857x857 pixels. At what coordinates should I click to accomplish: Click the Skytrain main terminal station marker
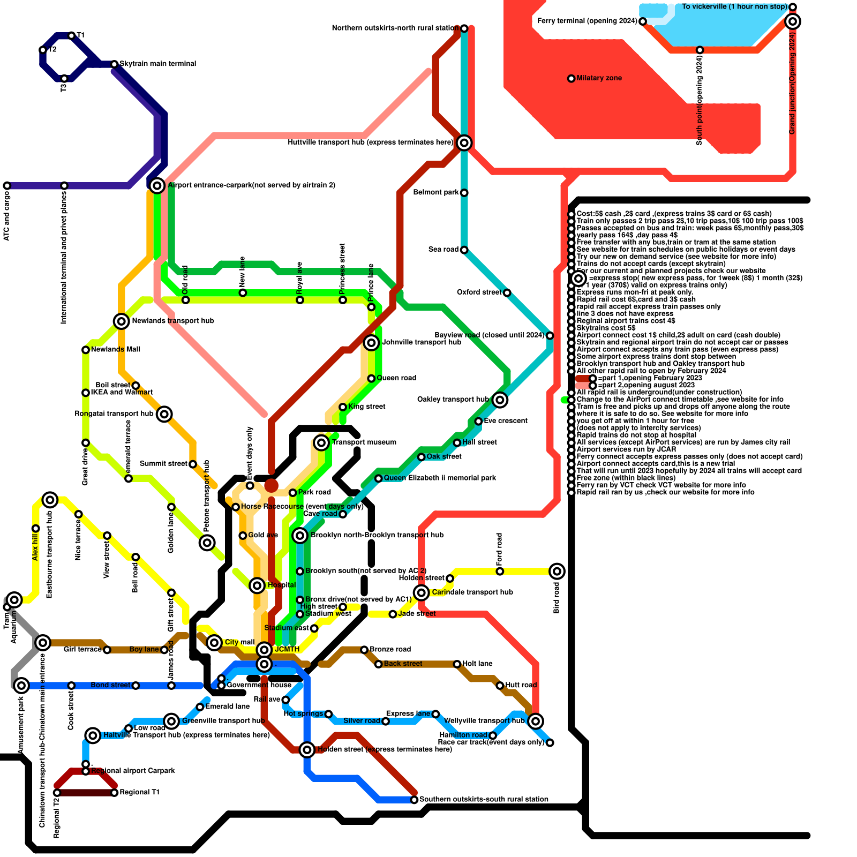click(x=114, y=64)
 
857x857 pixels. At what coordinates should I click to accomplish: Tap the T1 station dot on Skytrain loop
click(x=71, y=36)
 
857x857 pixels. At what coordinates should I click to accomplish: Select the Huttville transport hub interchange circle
click(x=464, y=142)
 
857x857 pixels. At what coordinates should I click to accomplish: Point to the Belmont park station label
click(x=436, y=192)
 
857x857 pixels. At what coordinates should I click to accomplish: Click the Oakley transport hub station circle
click(x=500, y=400)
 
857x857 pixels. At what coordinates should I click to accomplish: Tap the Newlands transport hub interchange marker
click(x=122, y=321)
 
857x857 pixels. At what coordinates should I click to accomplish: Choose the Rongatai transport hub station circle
click(x=164, y=414)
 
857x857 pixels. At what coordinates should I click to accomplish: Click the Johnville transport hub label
click(x=422, y=342)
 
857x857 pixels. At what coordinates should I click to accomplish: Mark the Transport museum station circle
click(x=321, y=442)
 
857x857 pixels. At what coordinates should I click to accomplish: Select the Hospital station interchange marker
click(x=257, y=585)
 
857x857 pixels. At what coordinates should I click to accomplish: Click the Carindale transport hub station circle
click(x=422, y=592)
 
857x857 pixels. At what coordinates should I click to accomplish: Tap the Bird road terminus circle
click(x=557, y=571)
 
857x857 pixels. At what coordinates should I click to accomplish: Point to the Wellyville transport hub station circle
click(x=536, y=721)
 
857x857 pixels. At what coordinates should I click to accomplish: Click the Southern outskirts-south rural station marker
click(x=414, y=800)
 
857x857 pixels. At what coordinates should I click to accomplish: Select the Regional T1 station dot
click(x=114, y=793)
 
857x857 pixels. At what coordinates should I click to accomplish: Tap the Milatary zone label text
click(x=599, y=78)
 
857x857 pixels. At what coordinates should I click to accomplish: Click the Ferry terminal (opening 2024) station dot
click(x=643, y=21)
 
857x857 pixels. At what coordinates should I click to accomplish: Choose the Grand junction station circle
click(x=793, y=21)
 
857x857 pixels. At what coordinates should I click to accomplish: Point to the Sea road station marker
click(x=464, y=250)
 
